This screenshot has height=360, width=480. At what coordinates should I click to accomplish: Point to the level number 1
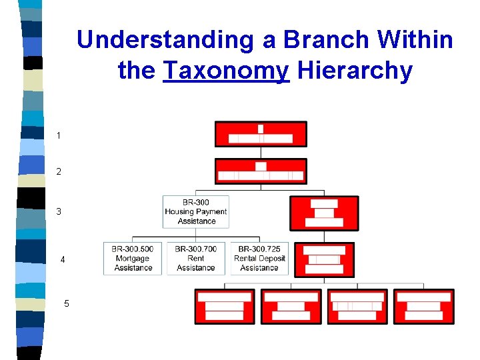click(x=59, y=135)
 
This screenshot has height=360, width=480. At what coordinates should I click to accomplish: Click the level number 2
click(x=59, y=171)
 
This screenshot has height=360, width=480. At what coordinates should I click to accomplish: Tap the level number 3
click(x=59, y=211)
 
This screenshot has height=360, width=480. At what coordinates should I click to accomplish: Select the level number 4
click(x=63, y=259)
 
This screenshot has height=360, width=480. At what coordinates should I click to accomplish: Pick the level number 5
click(x=67, y=303)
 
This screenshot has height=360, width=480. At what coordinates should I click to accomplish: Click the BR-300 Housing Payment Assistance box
click(x=196, y=211)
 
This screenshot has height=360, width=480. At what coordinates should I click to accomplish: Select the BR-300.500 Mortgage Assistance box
click(x=133, y=259)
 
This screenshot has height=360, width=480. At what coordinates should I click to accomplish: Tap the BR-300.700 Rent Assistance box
click(x=196, y=259)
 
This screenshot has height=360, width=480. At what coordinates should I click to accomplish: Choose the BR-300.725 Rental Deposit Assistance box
click(x=259, y=259)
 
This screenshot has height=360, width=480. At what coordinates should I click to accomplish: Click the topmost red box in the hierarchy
click(x=261, y=133)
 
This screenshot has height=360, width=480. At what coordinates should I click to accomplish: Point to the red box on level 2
click(x=261, y=171)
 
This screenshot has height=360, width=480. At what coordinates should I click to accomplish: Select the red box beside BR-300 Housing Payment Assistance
click(x=324, y=213)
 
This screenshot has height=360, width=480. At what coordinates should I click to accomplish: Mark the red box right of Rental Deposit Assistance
click(x=324, y=259)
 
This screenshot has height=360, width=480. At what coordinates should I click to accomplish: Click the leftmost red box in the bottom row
click(x=225, y=306)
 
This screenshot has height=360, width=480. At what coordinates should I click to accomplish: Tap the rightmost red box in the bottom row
click(x=424, y=306)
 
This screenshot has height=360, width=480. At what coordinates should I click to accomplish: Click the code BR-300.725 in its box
click(x=259, y=249)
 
